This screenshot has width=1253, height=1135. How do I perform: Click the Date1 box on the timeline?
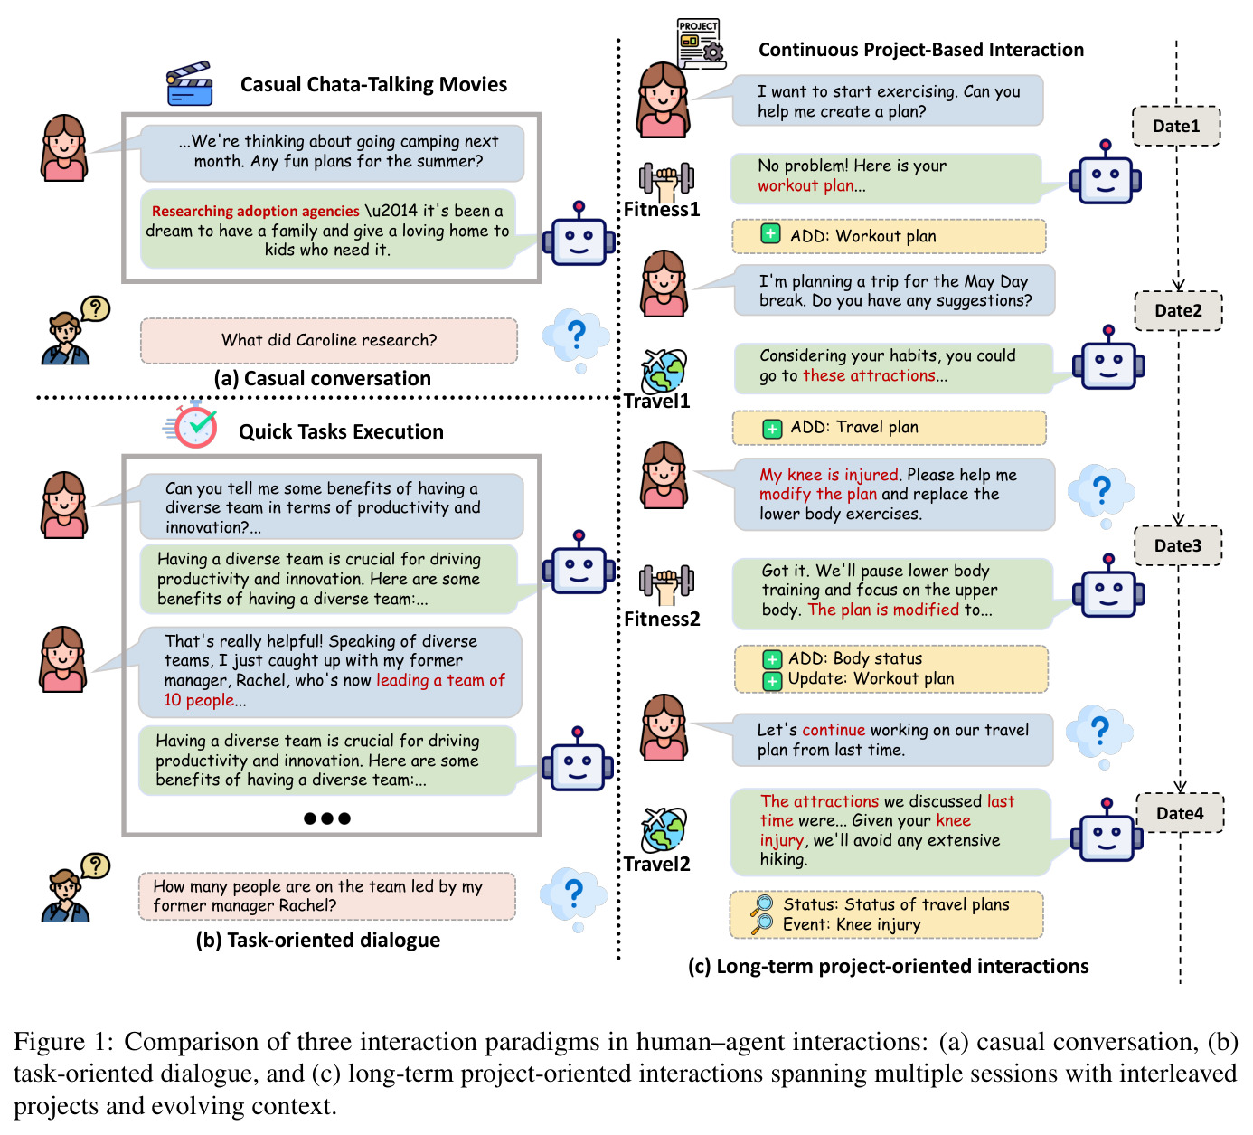(1175, 127)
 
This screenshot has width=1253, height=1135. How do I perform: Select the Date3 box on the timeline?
(1177, 545)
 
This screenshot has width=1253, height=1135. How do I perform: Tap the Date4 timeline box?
(1179, 813)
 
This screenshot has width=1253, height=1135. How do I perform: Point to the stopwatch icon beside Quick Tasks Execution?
(193, 425)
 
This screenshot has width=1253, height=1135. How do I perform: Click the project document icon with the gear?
(702, 43)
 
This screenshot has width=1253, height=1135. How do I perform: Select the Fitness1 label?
(662, 210)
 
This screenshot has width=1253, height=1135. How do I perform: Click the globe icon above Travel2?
(664, 828)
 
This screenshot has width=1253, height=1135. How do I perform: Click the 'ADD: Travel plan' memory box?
(888, 428)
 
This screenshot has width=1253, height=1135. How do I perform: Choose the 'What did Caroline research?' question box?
(328, 341)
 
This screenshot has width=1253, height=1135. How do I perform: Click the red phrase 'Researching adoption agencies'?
(256, 212)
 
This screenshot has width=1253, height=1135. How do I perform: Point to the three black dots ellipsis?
(326, 818)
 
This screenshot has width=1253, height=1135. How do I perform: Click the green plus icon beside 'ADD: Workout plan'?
(770, 234)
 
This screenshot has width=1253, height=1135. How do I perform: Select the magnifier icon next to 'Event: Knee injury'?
(762, 924)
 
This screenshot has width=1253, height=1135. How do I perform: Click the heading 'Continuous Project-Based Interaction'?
(920, 50)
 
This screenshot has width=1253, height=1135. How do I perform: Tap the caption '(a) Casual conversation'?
(323, 379)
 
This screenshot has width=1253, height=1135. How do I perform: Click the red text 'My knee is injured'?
(828, 475)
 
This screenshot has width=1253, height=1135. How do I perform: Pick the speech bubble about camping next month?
(332, 153)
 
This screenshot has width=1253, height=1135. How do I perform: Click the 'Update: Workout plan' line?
(871, 679)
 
